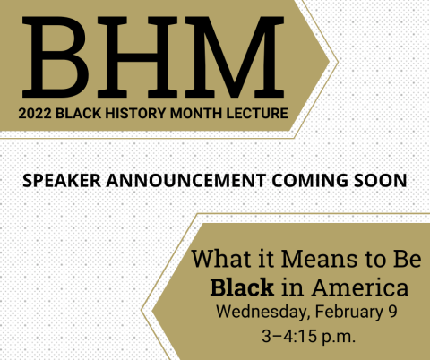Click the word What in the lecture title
(220, 261)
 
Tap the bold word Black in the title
(237, 288)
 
